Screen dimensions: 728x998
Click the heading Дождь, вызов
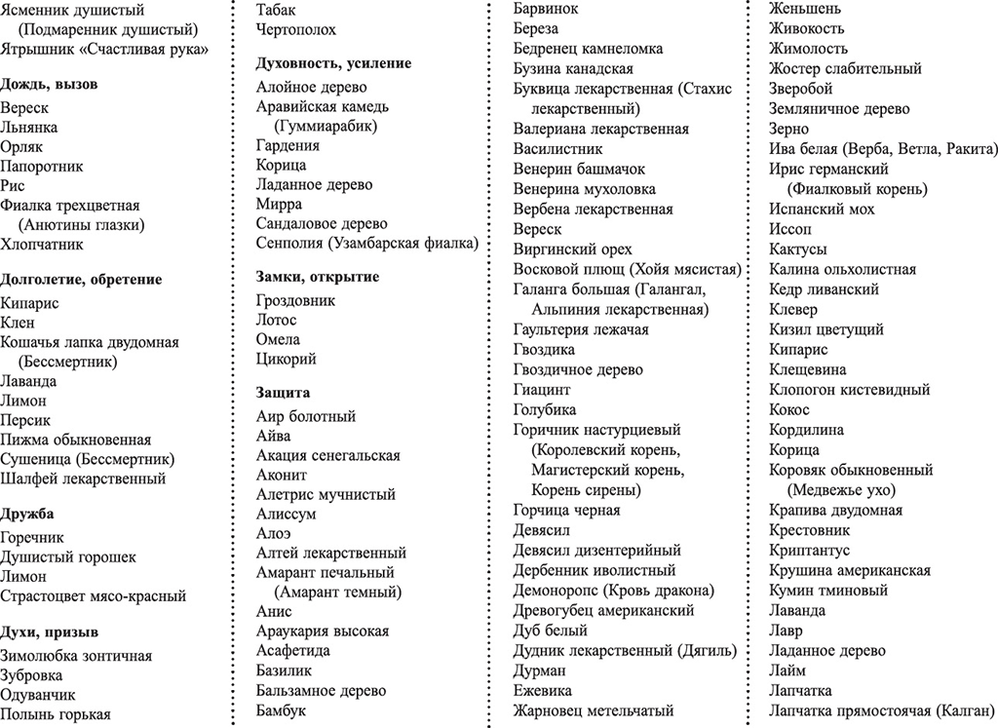pos(50,84)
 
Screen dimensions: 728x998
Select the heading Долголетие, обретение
pos(81,280)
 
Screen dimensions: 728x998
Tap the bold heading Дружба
pos(27,514)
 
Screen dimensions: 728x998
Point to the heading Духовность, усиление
pos(333,62)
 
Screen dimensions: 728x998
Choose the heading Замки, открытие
pos(318,277)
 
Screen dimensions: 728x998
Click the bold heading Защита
pos(284,393)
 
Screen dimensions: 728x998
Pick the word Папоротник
pos(42,166)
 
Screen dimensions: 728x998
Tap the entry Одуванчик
pos(38,695)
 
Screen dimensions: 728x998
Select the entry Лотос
pos(277,320)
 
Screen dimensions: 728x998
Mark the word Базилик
pos(285,671)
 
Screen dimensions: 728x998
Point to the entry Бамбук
pos(282,710)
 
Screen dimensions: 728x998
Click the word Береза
pos(536,28)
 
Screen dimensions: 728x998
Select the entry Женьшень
pos(806,9)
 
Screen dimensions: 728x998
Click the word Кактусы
pos(798,249)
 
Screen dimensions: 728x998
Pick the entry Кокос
pos(789,409)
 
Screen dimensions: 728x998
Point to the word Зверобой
pos(801,89)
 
